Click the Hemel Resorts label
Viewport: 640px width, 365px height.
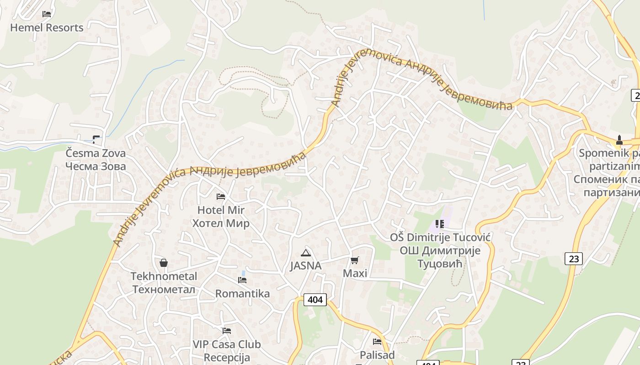point(47,27)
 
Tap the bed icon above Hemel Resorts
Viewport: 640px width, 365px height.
point(47,14)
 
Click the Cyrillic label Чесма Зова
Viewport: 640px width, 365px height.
point(96,166)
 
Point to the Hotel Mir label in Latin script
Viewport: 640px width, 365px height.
point(221,210)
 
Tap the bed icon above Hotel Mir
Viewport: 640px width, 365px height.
point(221,197)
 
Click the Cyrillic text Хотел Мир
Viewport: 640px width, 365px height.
point(221,224)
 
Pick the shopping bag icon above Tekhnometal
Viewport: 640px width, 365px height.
point(164,263)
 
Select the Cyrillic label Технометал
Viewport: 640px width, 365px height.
point(164,290)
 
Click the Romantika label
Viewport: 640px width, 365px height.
point(242,293)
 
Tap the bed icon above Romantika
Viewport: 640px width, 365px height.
point(242,280)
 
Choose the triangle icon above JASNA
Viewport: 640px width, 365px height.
point(306,253)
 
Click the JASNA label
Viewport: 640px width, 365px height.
point(306,266)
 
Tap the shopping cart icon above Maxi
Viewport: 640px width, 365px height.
point(355,261)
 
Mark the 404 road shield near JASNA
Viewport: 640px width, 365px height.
point(315,300)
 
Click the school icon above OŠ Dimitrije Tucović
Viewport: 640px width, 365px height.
point(440,224)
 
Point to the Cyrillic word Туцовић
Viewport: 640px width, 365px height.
point(440,264)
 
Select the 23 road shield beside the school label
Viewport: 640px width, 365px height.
point(574,259)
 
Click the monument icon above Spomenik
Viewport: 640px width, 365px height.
point(619,140)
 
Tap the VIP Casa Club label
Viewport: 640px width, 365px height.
point(227,344)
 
